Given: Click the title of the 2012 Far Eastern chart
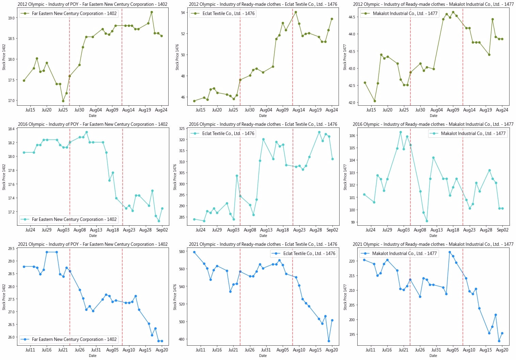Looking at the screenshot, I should pos(93,4).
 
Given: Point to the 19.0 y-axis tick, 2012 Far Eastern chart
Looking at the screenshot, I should pos(12,18).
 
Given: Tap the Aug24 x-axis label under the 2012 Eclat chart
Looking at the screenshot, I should pos(331,110).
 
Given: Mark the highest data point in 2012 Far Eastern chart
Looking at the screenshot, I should pos(152,12).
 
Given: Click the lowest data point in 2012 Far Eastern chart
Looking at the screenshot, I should pos(63,101).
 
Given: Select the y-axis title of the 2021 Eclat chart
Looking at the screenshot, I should pos(175,297).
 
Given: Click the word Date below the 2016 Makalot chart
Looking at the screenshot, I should pos(433,236).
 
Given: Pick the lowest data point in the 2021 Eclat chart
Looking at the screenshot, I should pos(329,341).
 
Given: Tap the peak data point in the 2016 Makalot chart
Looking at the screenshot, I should pos(401,132).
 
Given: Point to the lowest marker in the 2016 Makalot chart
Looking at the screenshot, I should pos(427,221).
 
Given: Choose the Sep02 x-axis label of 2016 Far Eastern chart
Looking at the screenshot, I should pos(162,230).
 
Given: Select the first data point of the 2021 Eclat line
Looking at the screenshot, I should pos(194,252).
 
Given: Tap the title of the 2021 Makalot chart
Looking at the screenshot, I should pos(433,244).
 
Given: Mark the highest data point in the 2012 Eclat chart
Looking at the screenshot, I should pos(296,12).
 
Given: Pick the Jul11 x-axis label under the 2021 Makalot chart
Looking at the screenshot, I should pos(371,350).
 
